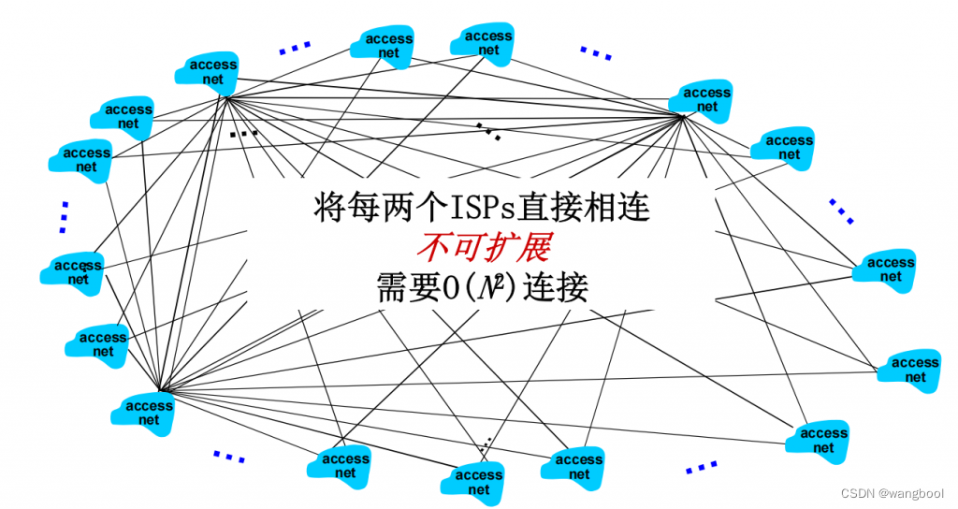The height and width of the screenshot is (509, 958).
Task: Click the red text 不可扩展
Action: pos(483,246)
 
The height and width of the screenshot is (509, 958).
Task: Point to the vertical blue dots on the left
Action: pos(64,216)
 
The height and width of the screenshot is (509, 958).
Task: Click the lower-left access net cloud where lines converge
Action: pos(149,412)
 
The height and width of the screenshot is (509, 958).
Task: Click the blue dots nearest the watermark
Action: pos(701,466)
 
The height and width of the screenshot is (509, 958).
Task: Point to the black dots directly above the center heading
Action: pos(488,130)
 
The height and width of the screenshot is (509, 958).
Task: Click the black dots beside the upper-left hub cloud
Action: pos(243,134)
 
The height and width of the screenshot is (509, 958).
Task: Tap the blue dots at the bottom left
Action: pos(229,457)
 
